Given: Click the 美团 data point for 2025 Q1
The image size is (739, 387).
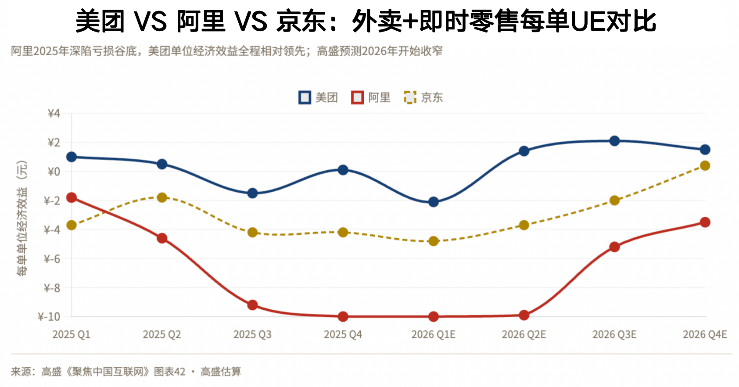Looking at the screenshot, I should coord(72,157).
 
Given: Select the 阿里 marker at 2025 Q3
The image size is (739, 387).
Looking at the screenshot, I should coord(252,305).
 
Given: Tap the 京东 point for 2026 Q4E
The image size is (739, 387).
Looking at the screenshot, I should coord(705,165).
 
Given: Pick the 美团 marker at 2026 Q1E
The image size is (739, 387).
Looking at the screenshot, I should coord(434,202).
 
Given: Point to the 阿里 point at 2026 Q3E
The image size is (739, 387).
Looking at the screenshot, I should coord(614,247).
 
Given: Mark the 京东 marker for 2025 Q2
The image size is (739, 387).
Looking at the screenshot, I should coord(162,197).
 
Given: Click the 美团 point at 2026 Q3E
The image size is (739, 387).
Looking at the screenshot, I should coord(614,141).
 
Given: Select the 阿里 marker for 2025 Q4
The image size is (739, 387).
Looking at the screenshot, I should coord(343,316).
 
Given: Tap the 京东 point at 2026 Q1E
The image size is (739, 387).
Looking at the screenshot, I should coord(434,241).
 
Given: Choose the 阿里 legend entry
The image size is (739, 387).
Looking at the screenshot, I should coord(371,97).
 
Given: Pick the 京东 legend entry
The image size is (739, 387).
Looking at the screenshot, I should coord(423,97).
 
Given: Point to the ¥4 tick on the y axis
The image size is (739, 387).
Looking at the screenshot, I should coord(54,114).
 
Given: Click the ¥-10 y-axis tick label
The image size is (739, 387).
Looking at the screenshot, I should coord(49,317).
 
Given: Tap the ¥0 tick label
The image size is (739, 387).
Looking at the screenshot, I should coord(54,172).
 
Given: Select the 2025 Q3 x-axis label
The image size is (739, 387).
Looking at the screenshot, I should coord(252,335).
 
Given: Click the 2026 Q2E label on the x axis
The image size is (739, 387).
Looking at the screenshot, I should coord(524,335).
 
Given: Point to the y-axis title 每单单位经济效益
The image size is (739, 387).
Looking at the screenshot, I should coord(22,218).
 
